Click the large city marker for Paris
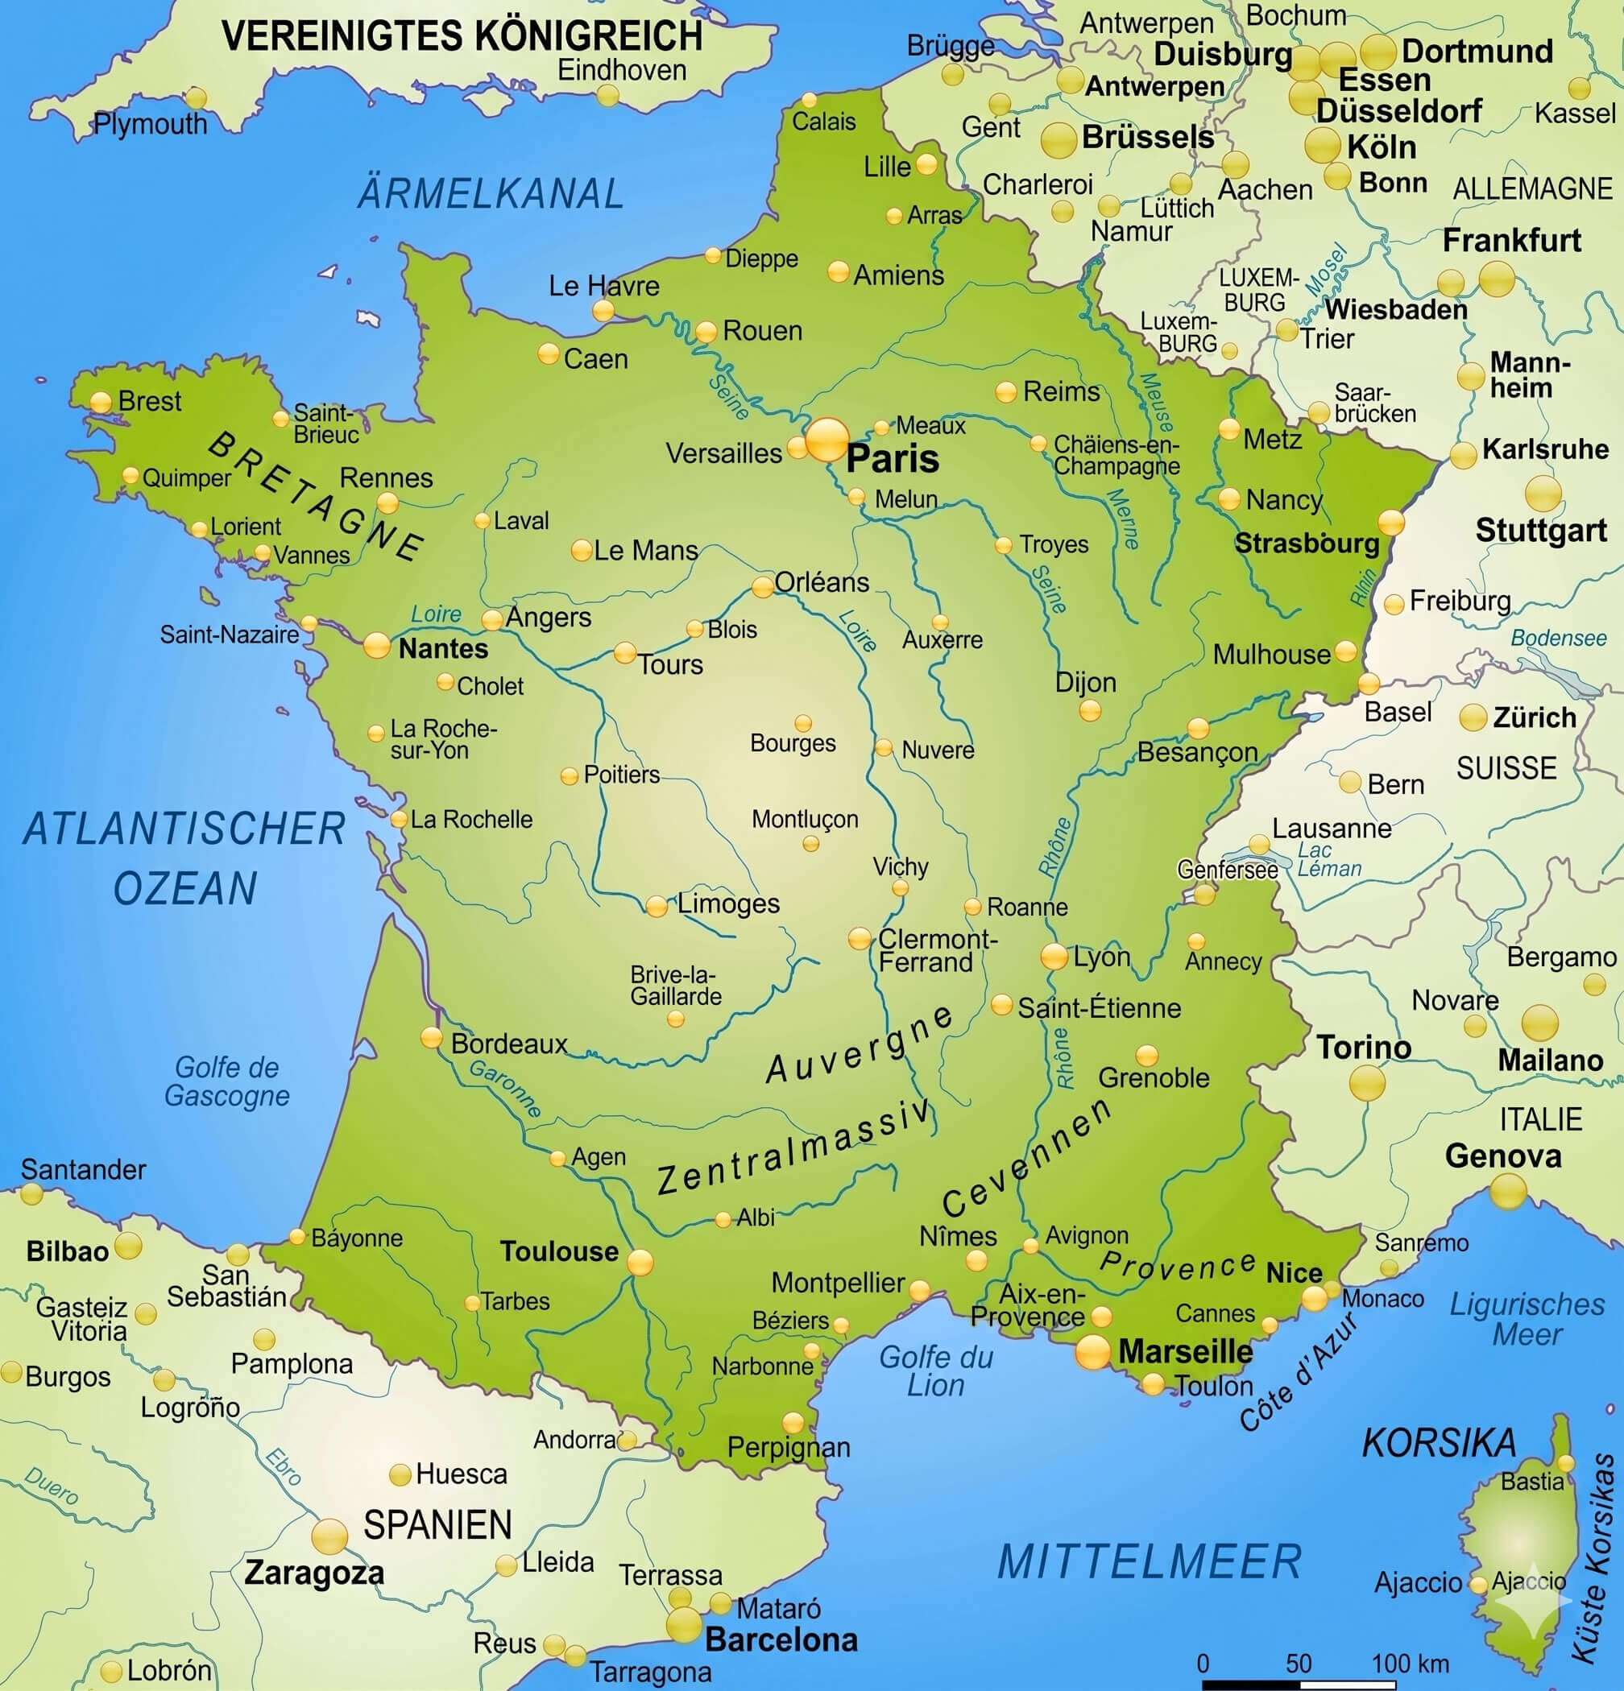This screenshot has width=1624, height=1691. coord(826,439)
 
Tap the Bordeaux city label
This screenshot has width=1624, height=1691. coord(508,1044)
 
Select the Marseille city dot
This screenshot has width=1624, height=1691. coord(1092,1351)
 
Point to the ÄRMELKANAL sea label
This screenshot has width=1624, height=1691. coord(490,193)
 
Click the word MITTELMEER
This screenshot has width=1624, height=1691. coord(1149,1561)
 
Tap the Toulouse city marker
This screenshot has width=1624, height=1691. coord(640,1263)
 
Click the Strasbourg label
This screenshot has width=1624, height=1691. coord(1307,544)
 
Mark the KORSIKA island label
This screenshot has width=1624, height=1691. coord(1439,1443)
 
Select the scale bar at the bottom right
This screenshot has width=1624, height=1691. coord(1298,1683)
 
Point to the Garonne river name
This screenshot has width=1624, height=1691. coord(506,1088)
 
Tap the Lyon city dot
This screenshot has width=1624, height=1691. coord(1054,956)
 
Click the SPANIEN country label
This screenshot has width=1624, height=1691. coord(437,1525)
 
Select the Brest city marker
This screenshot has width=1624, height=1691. coord(101,402)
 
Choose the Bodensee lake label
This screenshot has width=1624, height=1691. coord(1559,638)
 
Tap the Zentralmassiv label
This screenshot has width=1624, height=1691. coord(794,1148)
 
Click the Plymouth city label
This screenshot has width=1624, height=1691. coord(150,124)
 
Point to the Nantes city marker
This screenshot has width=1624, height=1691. coord(376,645)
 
